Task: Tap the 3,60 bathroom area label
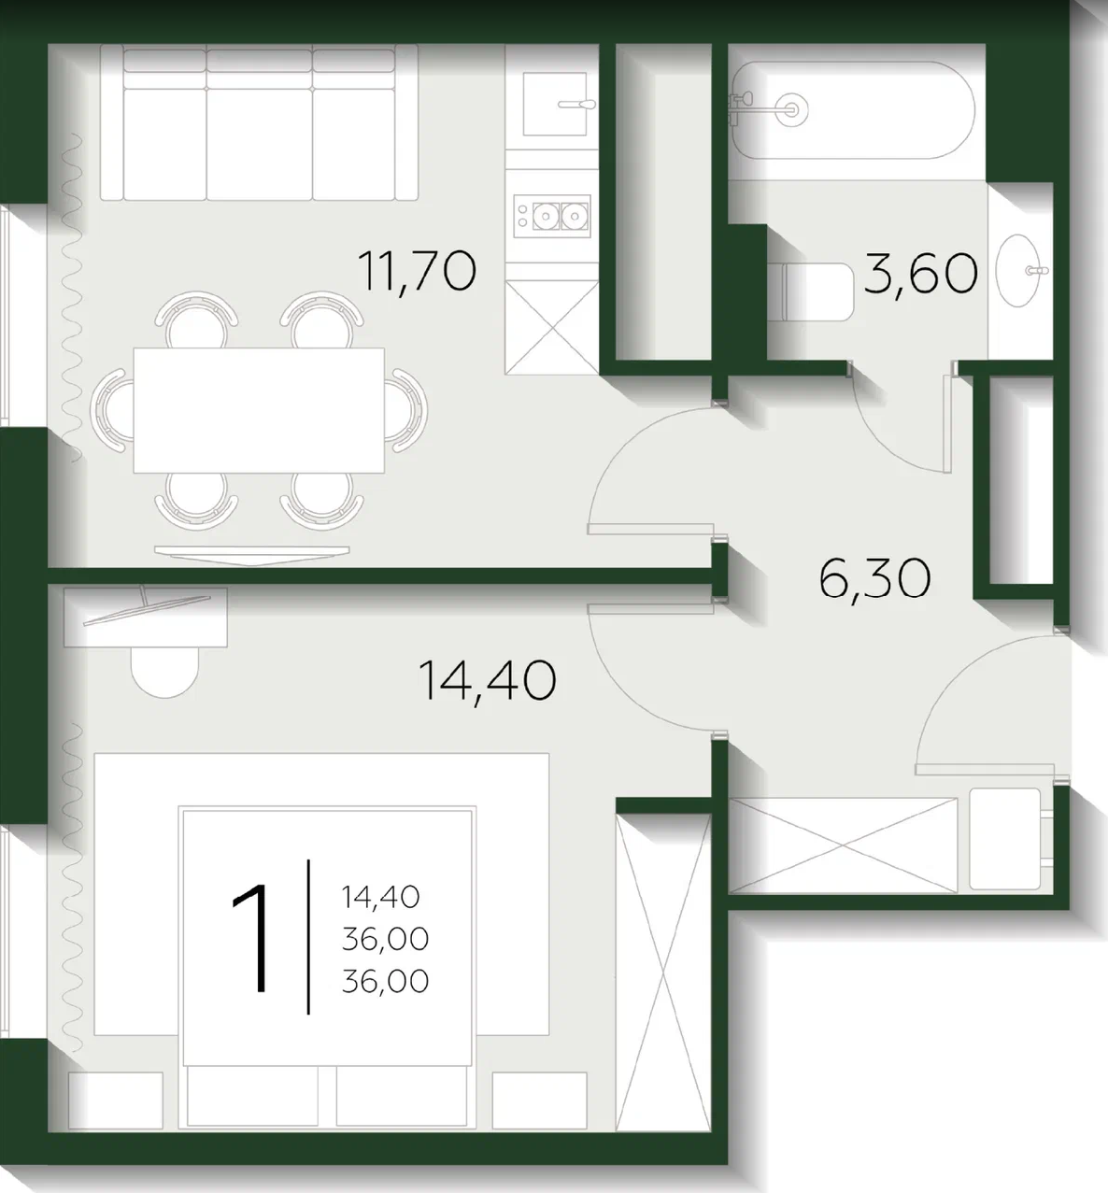(x=920, y=274)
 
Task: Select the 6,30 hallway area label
(x=874, y=578)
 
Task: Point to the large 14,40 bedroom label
(x=488, y=681)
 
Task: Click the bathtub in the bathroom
(x=853, y=110)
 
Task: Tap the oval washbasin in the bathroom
(x=1019, y=270)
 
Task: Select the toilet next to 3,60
(x=811, y=291)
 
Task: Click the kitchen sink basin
(x=555, y=104)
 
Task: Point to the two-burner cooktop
(x=551, y=216)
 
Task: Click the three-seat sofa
(x=259, y=122)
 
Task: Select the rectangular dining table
(x=259, y=410)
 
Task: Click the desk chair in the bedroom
(x=164, y=672)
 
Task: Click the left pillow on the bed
(x=252, y=1096)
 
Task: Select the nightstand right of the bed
(x=539, y=1101)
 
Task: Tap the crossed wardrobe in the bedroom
(x=663, y=973)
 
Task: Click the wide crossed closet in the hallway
(x=843, y=845)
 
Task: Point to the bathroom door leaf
(x=947, y=423)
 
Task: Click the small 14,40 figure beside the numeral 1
(x=380, y=898)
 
